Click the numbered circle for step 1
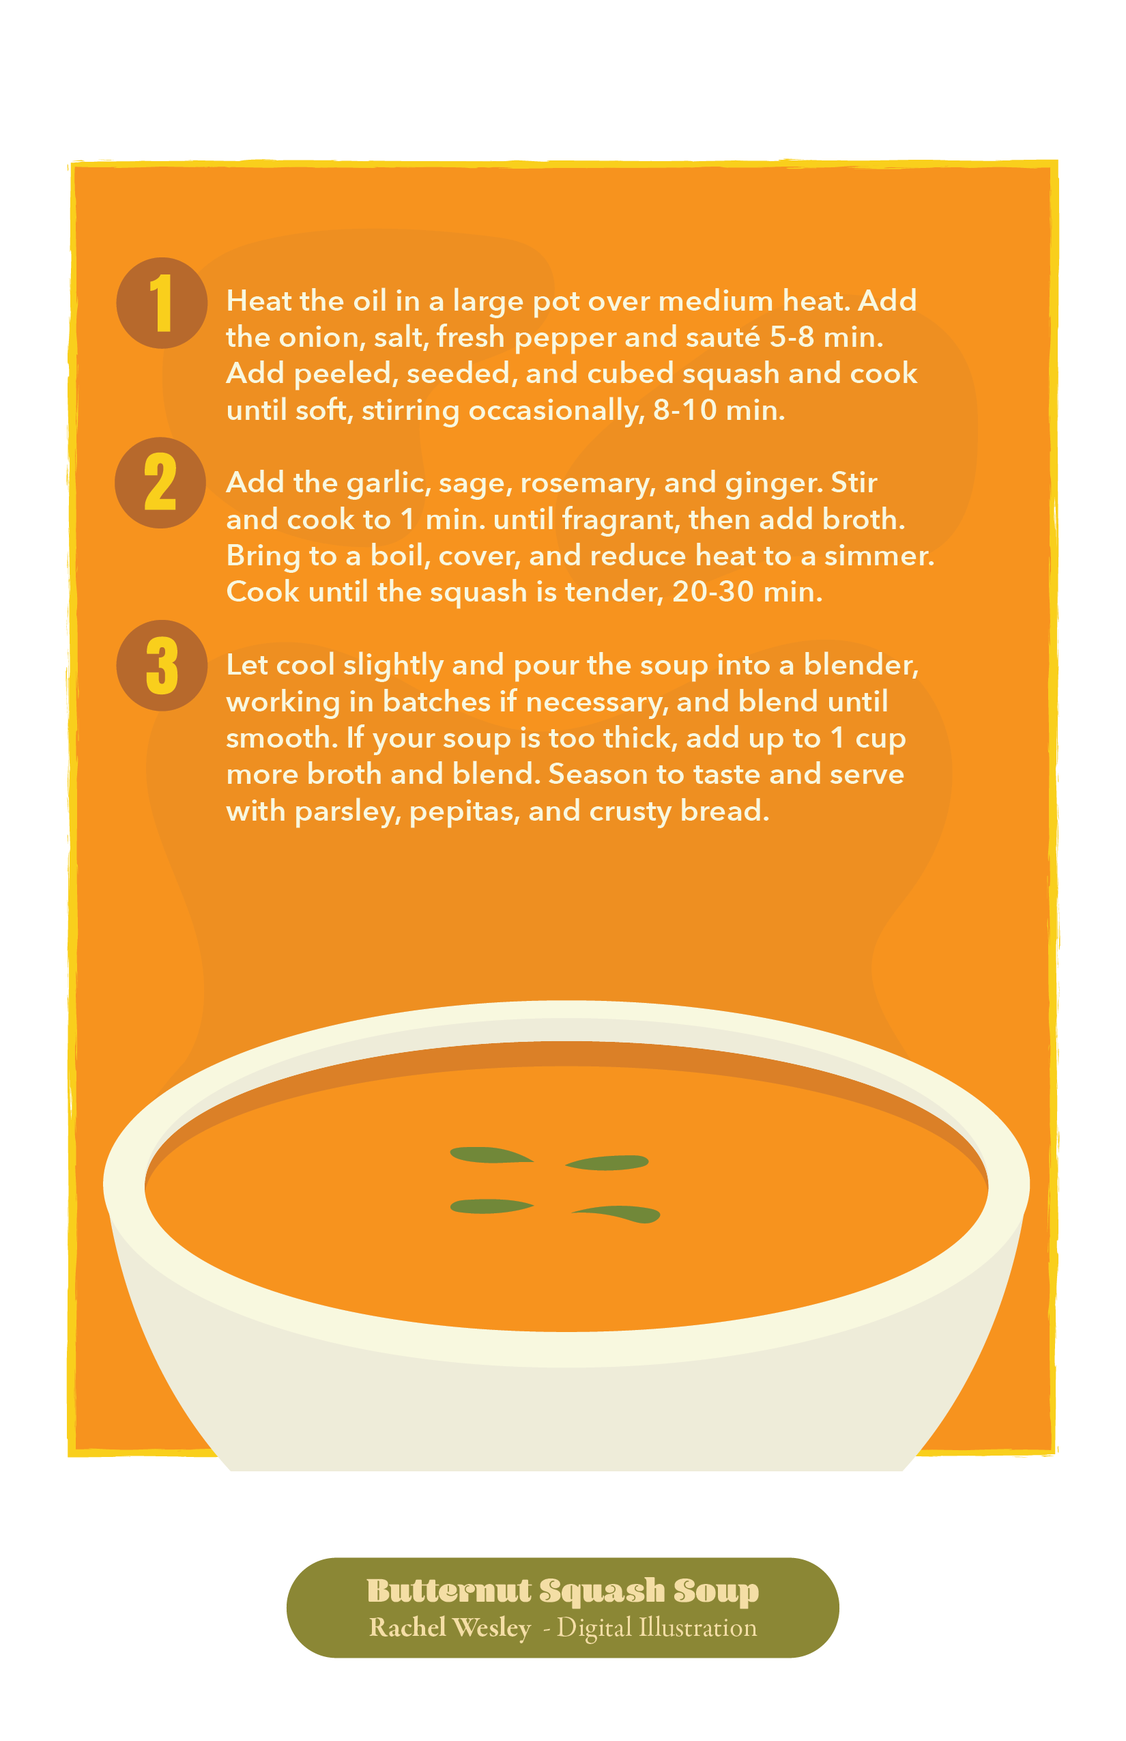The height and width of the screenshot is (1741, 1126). point(162,303)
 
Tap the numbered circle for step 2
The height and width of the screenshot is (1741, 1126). point(160,483)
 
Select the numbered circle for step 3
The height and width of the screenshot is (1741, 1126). point(162,666)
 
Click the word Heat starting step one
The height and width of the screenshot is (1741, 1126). point(259,300)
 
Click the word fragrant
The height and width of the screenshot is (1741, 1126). point(621,520)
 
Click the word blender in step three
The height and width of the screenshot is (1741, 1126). point(861,665)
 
